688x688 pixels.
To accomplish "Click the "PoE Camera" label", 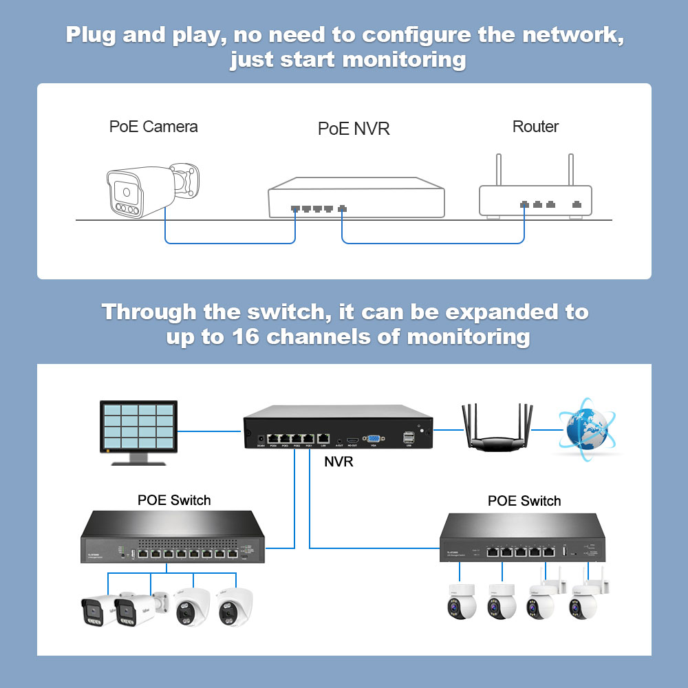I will [x=153, y=127].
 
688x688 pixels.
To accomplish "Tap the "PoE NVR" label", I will [x=354, y=129].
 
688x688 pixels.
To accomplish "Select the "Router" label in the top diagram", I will [x=535, y=127].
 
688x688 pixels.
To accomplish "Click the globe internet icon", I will [x=587, y=428].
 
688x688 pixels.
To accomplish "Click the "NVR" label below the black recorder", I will [x=338, y=462].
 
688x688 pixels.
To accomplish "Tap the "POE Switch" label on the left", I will [x=174, y=500].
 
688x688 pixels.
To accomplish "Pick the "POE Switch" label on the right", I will [x=524, y=501].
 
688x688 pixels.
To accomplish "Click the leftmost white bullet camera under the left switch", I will [x=96, y=608].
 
